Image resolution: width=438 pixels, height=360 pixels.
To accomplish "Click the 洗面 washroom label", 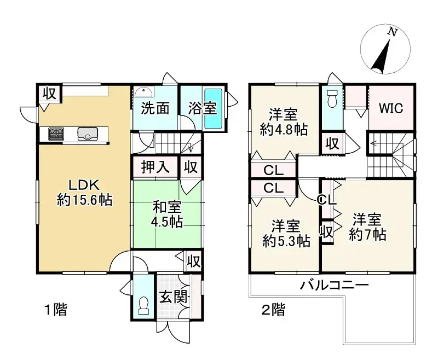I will (155, 108).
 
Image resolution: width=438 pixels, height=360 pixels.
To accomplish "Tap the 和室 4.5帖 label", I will (167, 215).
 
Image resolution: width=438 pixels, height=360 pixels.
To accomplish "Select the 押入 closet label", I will (155, 166).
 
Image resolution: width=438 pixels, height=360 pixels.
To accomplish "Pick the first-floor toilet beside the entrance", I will (144, 306).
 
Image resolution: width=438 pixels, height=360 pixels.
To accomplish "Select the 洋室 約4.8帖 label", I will (283, 122).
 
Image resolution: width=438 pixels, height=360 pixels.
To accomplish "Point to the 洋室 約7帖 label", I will (367, 227).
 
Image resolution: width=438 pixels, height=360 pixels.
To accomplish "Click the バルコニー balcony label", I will (333, 285).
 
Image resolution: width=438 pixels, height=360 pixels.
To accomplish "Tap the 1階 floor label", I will (55, 310).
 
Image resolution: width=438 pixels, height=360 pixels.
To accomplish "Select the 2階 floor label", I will (273, 310).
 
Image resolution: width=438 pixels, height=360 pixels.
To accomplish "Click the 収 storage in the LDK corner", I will (49, 94).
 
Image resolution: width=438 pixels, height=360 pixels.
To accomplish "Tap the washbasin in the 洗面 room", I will (144, 91).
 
